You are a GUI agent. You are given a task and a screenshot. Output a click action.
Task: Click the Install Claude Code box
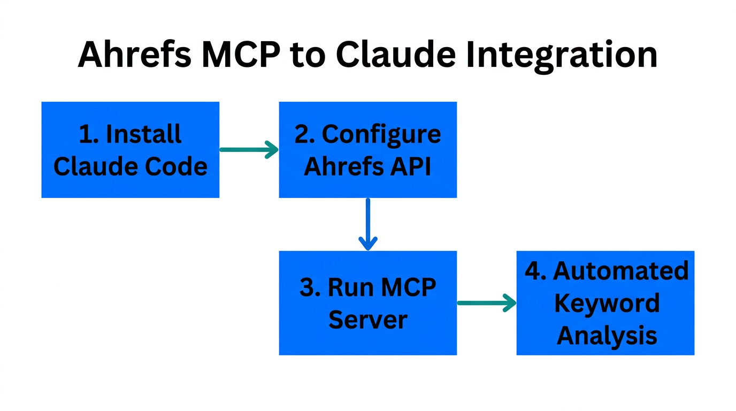click(x=130, y=150)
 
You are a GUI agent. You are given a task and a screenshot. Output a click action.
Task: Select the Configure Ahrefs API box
click(x=367, y=150)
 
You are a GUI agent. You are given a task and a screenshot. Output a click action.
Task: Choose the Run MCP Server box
click(x=367, y=303)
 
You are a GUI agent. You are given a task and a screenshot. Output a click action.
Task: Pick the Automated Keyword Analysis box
click(x=605, y=303)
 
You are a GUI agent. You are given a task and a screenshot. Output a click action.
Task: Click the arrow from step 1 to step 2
click(x=249, y=150)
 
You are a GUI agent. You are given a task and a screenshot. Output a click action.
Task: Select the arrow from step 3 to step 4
click(x=486, y=303)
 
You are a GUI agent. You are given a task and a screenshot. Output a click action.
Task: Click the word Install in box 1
click(x=144, y=134)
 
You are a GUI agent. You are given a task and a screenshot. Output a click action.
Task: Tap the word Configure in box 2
click(x=381, y=134)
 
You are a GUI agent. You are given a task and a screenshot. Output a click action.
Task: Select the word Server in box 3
click(x=367, y=320)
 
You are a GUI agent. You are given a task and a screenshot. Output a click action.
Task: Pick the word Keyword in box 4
click(x=607, y=303)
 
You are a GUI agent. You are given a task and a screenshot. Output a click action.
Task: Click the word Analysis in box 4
click(x=607, y=336)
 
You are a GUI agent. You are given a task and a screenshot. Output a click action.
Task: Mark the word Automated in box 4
click(x=620, y=271)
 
